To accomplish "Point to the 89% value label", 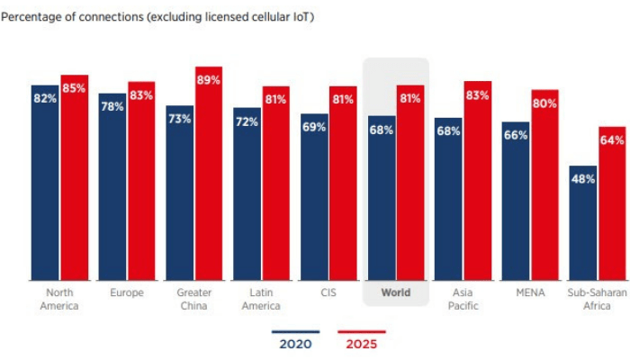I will [x=209, y=80].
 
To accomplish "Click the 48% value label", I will [x=582, y=178].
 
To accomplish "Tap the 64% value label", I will [x=612, y=139].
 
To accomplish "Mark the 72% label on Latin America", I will [x=247, y=121].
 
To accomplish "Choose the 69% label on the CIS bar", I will [x=313, y=127].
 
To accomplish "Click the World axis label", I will [x=395, y=292].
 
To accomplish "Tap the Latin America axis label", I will [x=261, y=299].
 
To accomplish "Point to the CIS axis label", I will [x=328, y=292].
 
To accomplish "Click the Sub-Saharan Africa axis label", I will [x=597, y=299].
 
